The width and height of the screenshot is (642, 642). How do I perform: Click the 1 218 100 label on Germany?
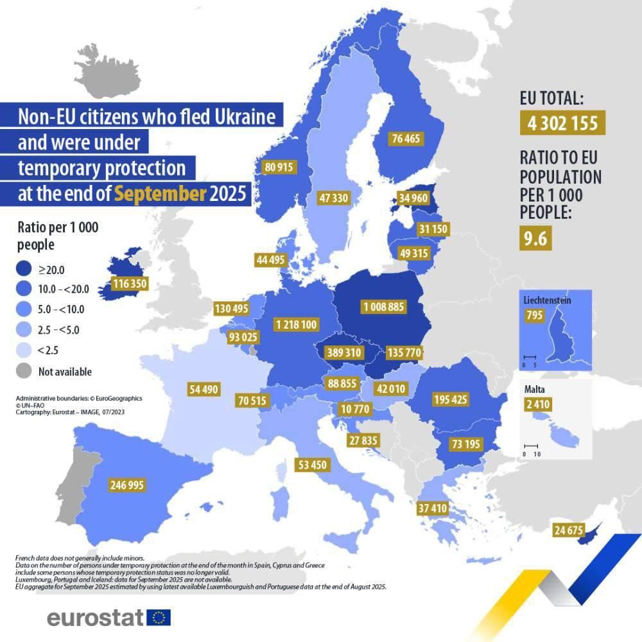click(296, 325)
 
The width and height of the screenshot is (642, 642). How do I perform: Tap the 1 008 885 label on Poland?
click(384, 308)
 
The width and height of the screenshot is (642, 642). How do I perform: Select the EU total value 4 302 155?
click(562, 123)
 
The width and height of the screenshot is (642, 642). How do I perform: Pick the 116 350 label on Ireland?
click(129, 283)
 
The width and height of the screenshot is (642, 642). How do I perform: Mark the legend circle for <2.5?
click(23, 351)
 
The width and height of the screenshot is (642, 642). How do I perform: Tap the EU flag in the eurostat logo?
click(159, 618)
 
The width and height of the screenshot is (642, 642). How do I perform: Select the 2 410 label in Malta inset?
click(537, 404)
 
